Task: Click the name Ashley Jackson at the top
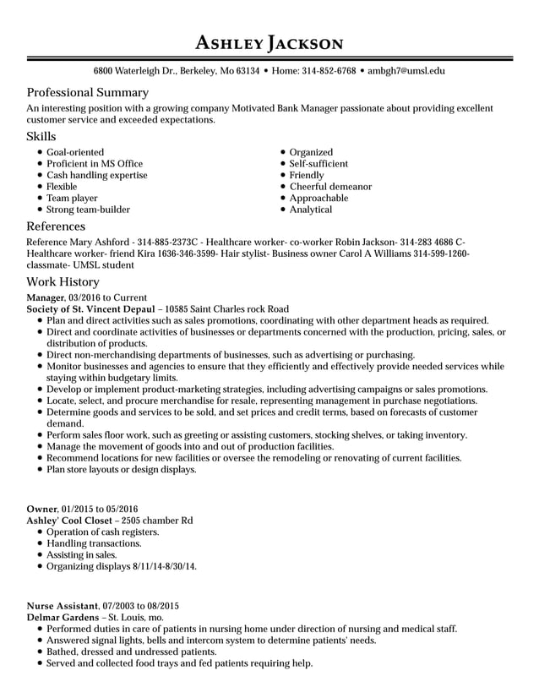[269, 42]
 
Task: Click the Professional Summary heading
[88, 92]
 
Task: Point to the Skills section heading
[41, 136]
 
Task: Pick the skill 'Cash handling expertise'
[96, 175]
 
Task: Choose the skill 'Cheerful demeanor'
[330, 187]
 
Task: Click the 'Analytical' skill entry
[311, 210]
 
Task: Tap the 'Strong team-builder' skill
[88, 210]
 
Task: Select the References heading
[56, 226]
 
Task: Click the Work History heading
[63, 281]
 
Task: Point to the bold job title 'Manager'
[46, 297]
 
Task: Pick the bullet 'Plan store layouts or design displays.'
[121, 469]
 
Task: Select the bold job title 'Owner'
[41, 509]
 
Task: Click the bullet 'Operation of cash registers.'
[102, 532]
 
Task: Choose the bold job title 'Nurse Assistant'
[63, 606]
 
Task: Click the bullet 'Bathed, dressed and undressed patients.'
[131, 652]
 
